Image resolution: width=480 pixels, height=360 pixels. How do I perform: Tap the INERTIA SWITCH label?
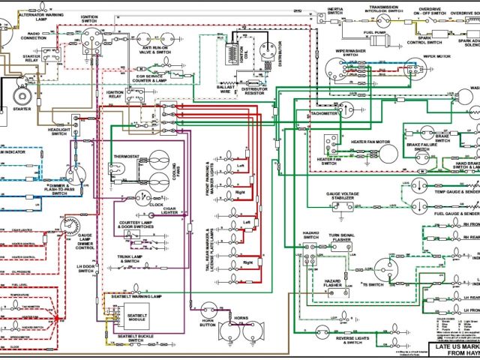[x=335, y=12]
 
